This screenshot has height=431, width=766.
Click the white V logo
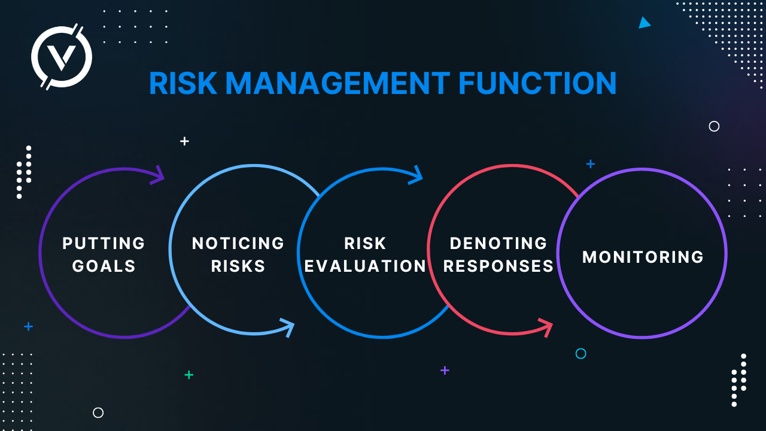pos(62,57)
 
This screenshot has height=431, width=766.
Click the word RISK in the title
pos(183,83)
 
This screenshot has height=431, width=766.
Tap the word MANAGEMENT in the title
pos(338,83)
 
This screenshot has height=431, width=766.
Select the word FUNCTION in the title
pos(537,83)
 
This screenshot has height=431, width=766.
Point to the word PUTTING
pos(104,244)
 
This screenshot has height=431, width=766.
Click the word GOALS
pos(104,266)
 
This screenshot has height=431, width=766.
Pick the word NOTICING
pos(238,244)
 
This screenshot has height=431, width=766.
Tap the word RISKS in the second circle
pos(238,266)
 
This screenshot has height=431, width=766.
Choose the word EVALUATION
pos(365,266)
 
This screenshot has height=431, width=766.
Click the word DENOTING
pos(498,244)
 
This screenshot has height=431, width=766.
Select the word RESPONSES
pos(498,266)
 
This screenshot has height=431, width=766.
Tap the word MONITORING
pos(643,257)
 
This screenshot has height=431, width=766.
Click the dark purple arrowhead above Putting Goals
pos(158,175)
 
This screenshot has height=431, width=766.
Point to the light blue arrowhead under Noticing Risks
pos(288,327)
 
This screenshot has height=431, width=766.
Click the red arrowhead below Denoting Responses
pos(546,327)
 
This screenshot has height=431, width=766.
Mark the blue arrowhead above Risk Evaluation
pos(417,175)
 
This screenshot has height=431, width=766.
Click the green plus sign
pos(189,375)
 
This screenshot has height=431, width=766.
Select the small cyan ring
pos(580,354)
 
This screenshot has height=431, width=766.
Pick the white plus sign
pos(185,141)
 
